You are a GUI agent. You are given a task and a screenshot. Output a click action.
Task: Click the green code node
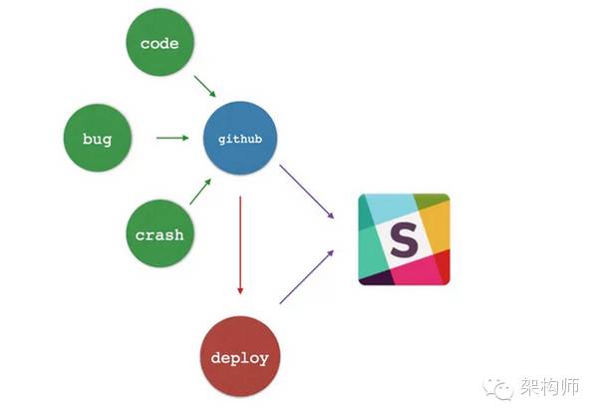159,44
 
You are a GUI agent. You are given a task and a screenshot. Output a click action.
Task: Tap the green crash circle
159,235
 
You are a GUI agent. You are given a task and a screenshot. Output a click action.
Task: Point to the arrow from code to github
204,86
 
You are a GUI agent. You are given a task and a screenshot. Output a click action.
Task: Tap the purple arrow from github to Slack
307,192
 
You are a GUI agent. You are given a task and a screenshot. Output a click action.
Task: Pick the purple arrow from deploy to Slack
307,276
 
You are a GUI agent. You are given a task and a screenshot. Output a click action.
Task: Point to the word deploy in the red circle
239,356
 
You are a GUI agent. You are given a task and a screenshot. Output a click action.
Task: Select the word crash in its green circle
159,236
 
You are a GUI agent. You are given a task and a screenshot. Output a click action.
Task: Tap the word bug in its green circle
98,139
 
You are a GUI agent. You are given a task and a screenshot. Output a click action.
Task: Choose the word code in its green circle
159,44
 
